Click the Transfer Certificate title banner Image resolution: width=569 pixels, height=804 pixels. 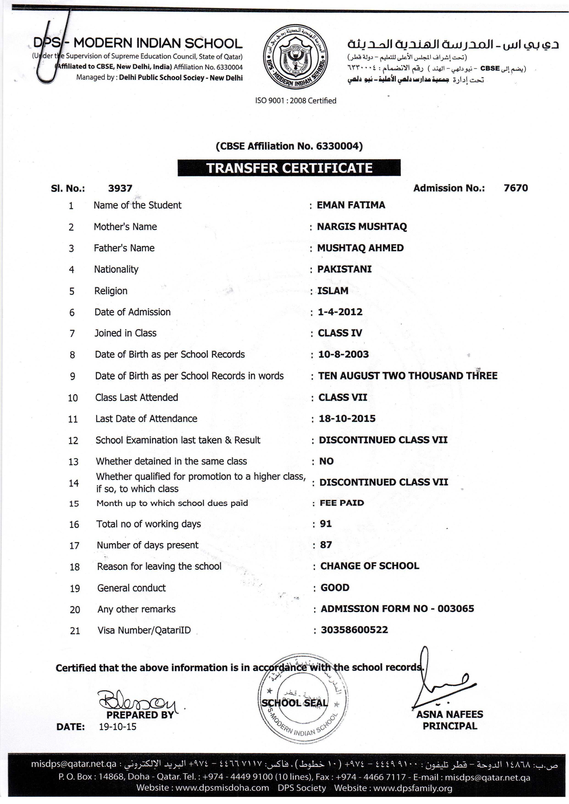pyautogui.click(x=289, y=168)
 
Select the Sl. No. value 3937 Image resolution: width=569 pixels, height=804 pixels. pyautogui.click(x=120, y=188)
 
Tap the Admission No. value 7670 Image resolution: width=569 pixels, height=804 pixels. pyautogui.click(x=515, y=188)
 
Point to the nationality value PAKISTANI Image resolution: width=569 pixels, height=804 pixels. pyautogui.click(x=344, y=269)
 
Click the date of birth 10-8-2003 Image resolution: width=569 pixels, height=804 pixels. pyautogui.click(x=343, y=354)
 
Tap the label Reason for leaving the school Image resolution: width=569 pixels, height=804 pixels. pyautogui.click(x=159, y=566)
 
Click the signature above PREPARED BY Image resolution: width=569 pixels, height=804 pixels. pyautogui.click(x=137, y=699)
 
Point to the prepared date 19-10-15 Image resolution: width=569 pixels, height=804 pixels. pyautogui.click(x=117, y=726)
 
